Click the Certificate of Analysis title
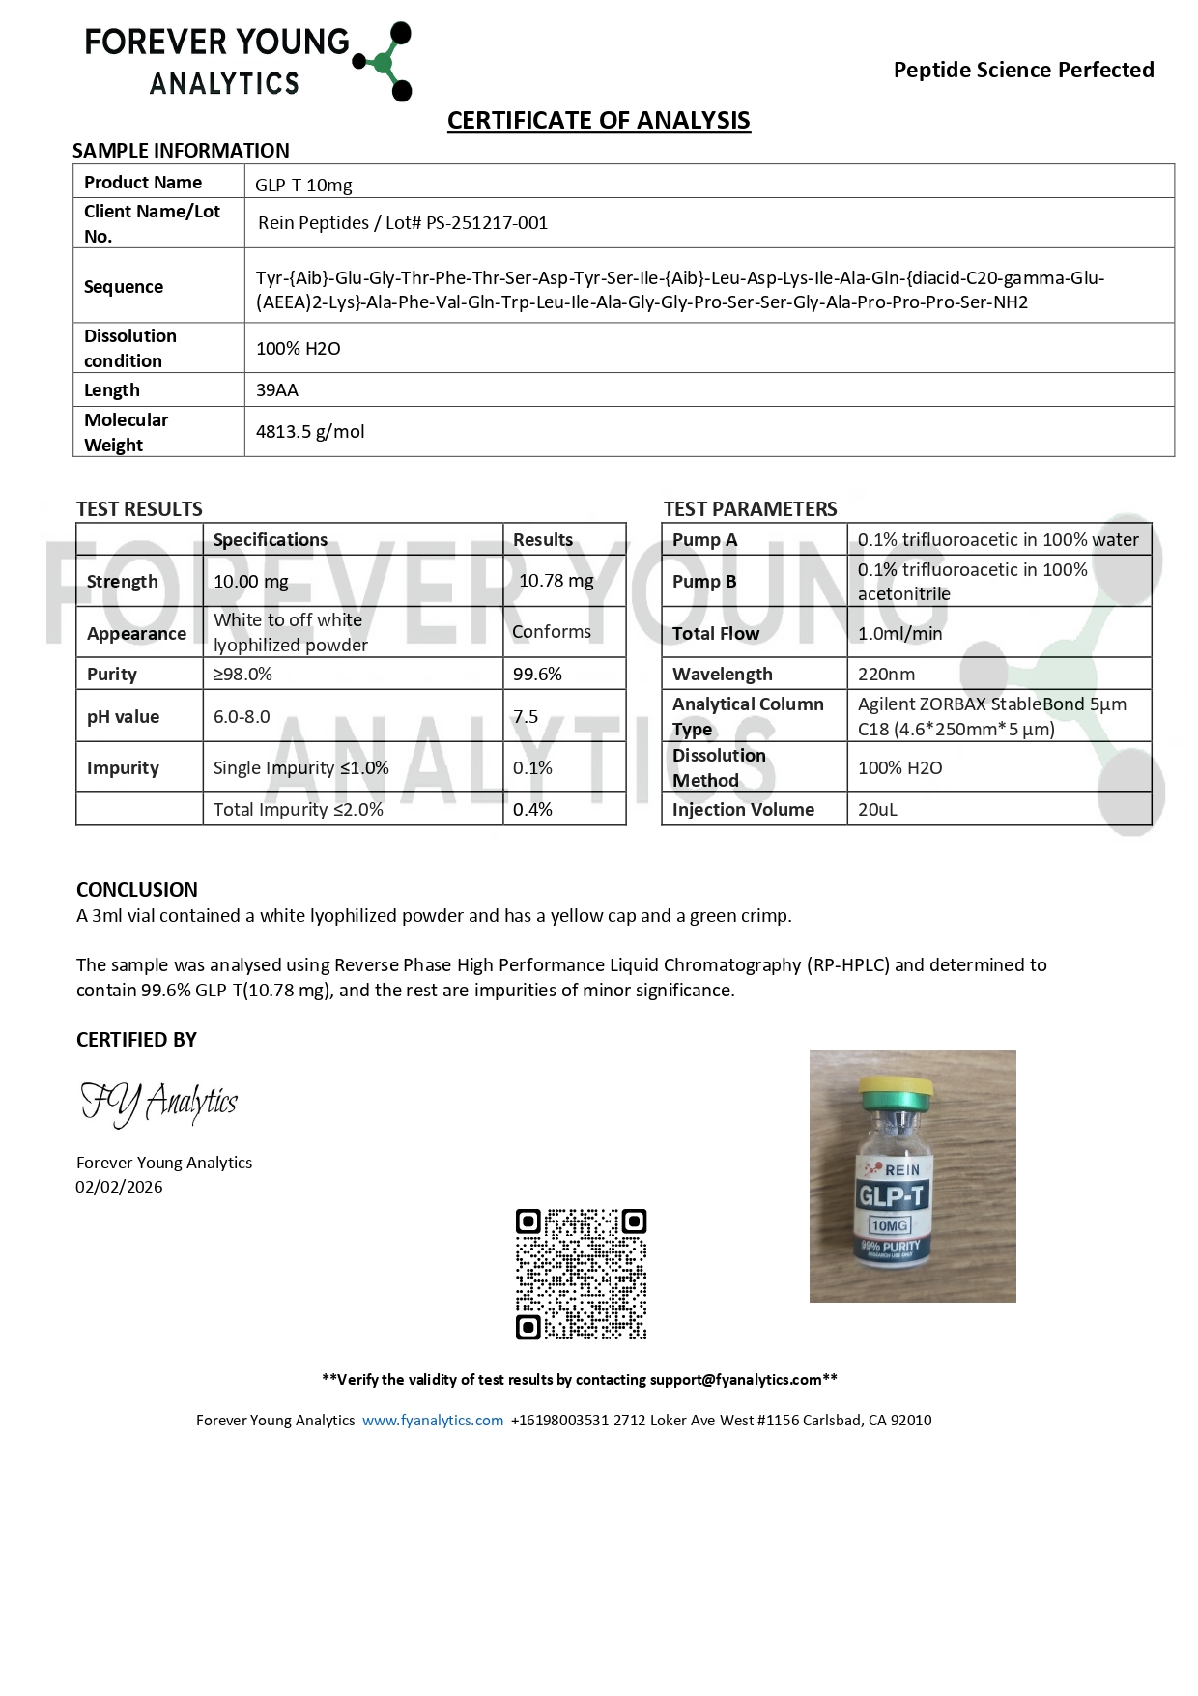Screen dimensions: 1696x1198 (x=598, y=121)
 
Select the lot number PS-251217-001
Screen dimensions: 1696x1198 (x=487, y=223)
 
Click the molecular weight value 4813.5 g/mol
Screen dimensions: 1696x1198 (x=310, y=432)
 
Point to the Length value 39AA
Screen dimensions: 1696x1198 (x=277, y=390)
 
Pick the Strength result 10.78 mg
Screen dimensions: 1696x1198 (x=556, y=581)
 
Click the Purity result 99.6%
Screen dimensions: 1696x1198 (x=537, y=675)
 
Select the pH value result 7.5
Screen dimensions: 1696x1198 (x=526, y=717)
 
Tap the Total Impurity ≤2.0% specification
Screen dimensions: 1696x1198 (x=298, y=810)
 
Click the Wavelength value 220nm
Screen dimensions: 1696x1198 (x=886, y=675)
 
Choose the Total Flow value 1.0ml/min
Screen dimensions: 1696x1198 (x=899, y=634)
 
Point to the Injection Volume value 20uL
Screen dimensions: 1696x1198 (x=877, y=810)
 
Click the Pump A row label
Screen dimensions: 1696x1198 (x=704, y=540)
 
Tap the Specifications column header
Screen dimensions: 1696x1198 (x=271, y=540)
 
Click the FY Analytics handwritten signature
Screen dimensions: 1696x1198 (x=159, y=1103)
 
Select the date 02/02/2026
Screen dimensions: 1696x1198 (x=119, y=1188)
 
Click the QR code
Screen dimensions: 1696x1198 (x=581, y=1274)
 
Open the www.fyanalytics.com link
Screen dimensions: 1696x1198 (x=433, y=1421)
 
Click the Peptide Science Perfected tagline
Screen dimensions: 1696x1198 (x=1023, y=70)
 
